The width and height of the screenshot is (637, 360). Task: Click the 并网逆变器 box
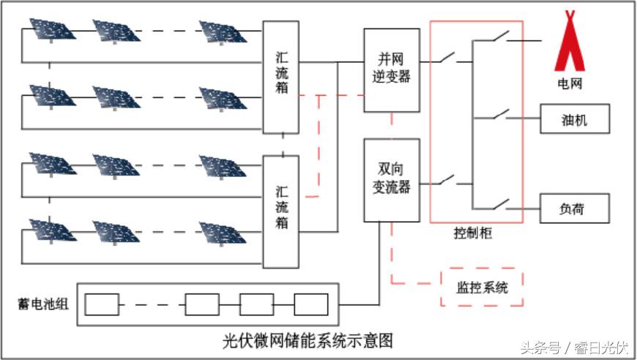[392, 70]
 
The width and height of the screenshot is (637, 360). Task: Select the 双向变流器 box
[392, 180]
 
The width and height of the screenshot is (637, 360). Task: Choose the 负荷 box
[575, 209]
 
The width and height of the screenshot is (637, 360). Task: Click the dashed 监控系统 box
[484, 288]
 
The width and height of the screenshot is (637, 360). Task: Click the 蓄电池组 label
[42, 303]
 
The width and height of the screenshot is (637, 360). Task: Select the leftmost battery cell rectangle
[102, 304]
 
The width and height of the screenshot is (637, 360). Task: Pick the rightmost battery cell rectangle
[311, 304]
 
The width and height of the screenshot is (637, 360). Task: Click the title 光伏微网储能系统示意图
[308, 341]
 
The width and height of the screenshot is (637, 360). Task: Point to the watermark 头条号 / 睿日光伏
[575, 347]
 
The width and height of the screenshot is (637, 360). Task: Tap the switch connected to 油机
[501, 114]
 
